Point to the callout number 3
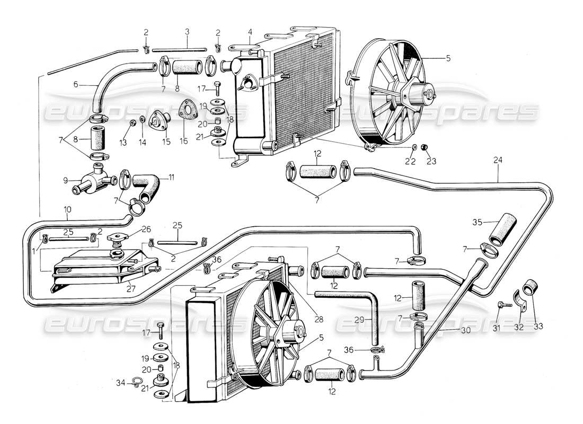click(187, 32)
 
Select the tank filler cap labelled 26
click(117, 238)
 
